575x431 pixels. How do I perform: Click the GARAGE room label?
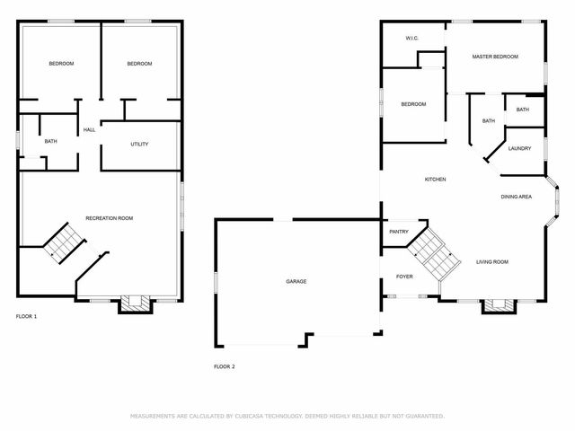(296, 281)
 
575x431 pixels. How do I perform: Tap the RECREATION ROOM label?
(110, 218)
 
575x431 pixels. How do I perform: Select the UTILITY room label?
(139, 144)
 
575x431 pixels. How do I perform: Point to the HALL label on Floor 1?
(89, 129)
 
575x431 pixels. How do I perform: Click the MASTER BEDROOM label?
(495, 57)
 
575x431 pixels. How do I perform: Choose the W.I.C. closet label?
(412, 38)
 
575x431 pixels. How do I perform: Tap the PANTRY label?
(399, 232)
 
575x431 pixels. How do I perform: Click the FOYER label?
(404, 277)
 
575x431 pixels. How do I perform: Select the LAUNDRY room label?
(519, 148)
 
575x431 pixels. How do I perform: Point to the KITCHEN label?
(435, 180)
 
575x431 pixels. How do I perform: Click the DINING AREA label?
(517, 197)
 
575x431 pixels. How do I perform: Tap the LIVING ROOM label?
(492, 262)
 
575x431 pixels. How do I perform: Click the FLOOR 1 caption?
(26, 316)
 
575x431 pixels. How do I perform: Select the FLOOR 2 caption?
(225, 366)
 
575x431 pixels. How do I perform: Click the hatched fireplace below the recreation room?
(136, 303)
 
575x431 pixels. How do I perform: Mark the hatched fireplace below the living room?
(499, 306)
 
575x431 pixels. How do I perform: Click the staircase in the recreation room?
(65, 242)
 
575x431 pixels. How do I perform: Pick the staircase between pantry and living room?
(434, 253)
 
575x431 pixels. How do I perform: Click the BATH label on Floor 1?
(50, 141)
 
